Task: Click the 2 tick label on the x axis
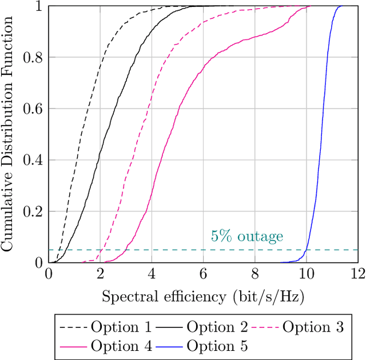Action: click(100, 274)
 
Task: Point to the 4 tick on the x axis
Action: click(152, 274)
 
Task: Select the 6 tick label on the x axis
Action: click(203, 274)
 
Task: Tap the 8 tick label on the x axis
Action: click(254, 274)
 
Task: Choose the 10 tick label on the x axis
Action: click(306, 274)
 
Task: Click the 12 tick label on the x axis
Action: click(357, 274)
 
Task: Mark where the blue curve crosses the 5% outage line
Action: click(306, 250)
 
